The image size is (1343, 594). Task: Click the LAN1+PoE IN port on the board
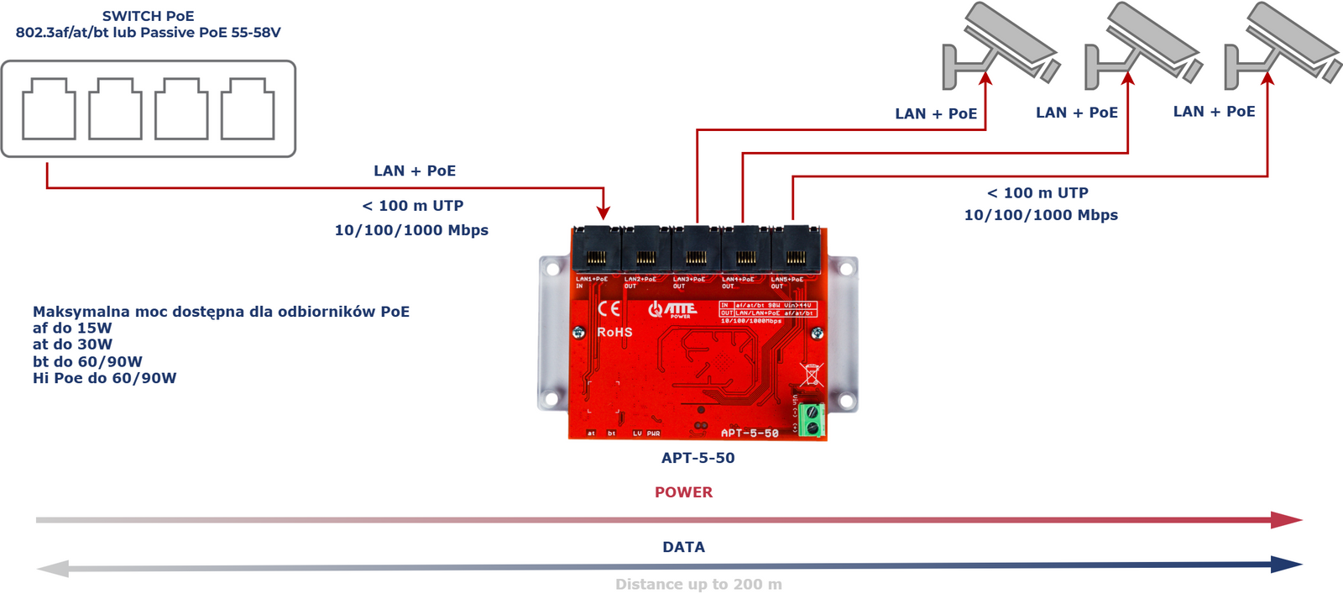pos(597,250)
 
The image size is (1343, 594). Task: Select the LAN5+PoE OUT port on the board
pos(795,250)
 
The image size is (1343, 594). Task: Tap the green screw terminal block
pos(811,420)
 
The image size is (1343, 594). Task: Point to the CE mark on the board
pos(609,308)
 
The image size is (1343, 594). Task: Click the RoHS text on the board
pos(614,333)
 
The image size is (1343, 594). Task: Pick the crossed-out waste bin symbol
pos(812,374)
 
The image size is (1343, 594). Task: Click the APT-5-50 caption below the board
pos(698,458)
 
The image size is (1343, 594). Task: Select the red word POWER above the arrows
pos(683,492)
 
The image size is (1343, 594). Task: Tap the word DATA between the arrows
pos(683,547)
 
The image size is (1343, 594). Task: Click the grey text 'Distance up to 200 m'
pos(698,584)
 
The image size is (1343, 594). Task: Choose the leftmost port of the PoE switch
pos(49,109)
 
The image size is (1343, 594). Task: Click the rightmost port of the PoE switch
pos(248,109)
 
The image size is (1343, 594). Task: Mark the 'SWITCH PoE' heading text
pos(148,16)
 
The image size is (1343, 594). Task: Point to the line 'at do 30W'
pos(72,344)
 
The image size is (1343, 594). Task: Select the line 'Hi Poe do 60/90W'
pos(104,378)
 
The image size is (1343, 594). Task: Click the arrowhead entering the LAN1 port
pos(603,213)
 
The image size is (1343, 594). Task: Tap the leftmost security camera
pos(999,46)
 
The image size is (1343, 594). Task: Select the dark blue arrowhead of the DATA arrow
pos(1286,565)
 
